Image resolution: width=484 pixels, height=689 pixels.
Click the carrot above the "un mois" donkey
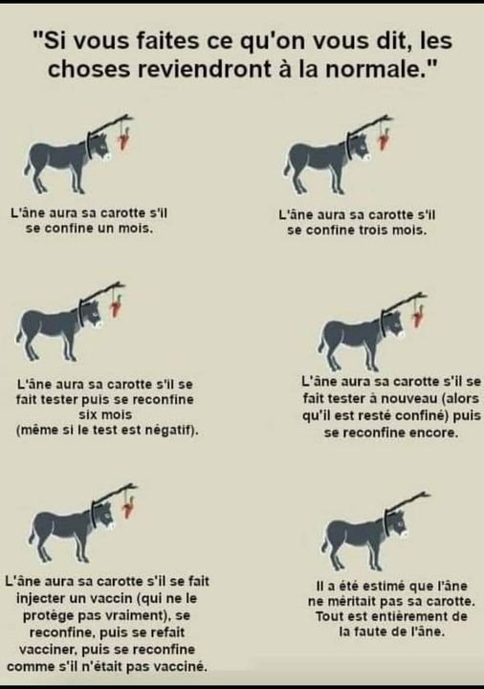124,139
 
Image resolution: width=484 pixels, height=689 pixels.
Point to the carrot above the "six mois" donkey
117,305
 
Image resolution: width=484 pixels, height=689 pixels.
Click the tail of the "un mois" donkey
28,167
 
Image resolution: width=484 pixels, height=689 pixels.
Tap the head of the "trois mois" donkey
362,146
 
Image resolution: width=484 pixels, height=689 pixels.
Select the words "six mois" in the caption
105,414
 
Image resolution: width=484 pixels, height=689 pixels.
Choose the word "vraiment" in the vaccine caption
133,615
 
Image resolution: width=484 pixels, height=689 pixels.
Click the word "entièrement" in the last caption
407,616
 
